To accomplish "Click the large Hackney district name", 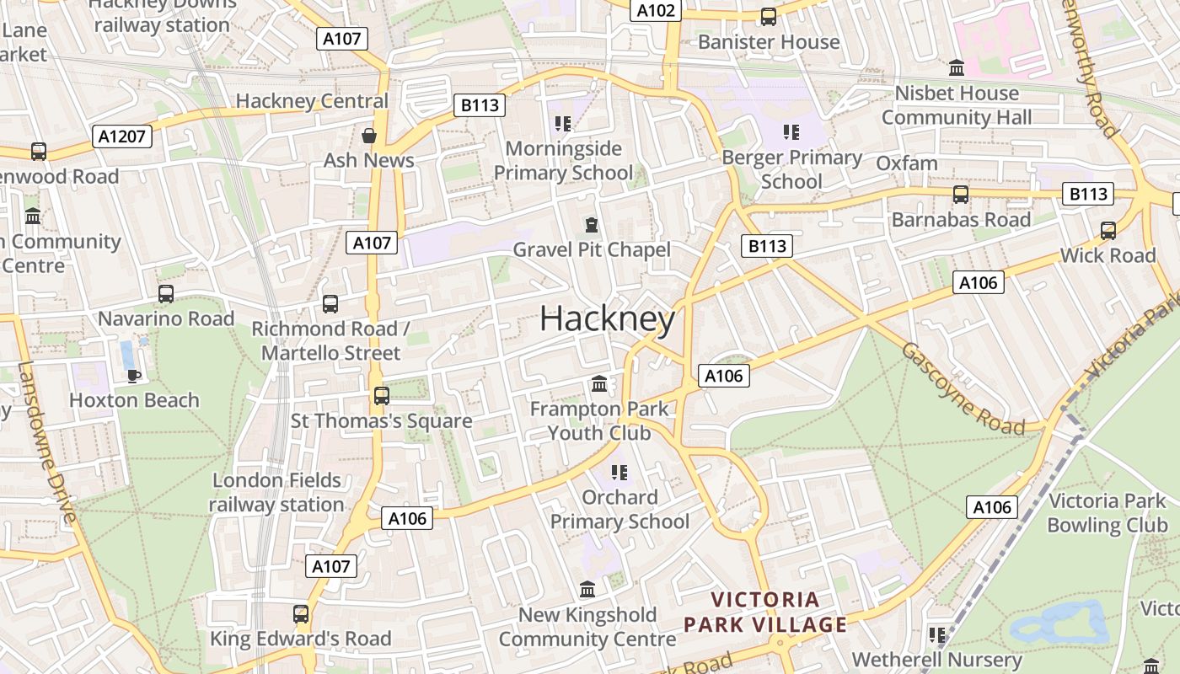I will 607,318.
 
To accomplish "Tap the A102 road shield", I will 656,10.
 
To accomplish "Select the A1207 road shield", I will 122,136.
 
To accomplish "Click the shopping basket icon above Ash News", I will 368,135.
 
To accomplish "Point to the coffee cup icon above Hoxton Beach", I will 132,375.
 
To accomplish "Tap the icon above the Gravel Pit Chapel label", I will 592,225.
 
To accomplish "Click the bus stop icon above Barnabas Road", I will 961,195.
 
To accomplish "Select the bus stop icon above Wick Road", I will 1108,230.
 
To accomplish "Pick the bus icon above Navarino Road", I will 166,294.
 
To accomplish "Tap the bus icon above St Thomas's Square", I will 381,395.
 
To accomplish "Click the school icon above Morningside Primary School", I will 563,125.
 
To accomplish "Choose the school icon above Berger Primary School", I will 791,132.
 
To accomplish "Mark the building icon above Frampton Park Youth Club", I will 599,384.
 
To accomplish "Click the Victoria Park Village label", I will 764,612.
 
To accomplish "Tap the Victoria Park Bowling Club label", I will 1107,512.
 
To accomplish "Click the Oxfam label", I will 907,163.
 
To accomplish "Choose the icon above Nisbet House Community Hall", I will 957,67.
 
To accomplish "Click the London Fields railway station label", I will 277,492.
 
